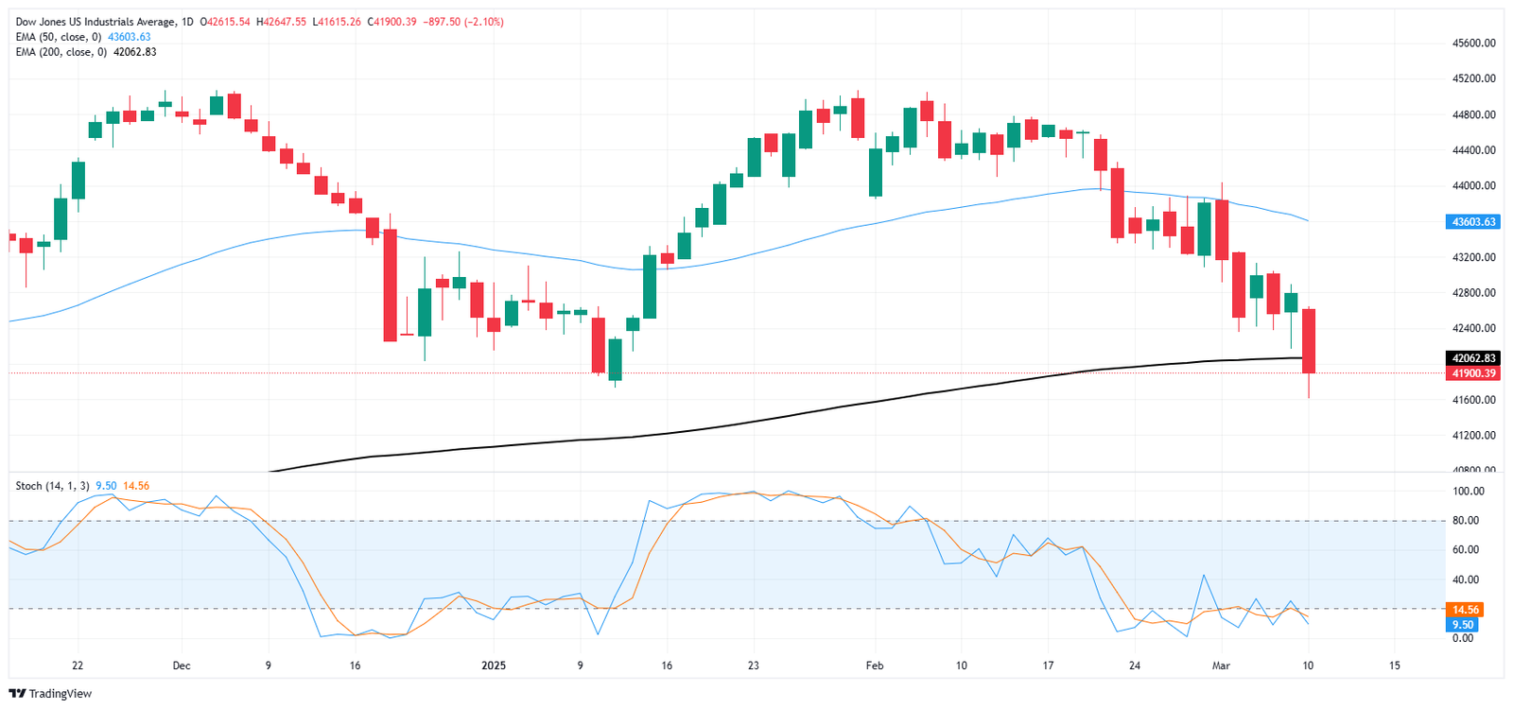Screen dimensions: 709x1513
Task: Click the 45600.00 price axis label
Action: pos(1474,43)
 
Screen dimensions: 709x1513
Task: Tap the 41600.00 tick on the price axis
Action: pos(1474,400)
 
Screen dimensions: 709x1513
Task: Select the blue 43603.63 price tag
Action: pos(1474,222)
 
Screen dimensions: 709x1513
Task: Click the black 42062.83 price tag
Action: pos(1474,358)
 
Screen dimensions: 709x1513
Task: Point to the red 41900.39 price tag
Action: pos(1474,373)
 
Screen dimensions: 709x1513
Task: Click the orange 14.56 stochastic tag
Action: pos(1465,610)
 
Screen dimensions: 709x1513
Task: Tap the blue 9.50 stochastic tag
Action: pos(1463,625)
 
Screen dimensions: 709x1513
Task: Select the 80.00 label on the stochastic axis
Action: pos(1466,521)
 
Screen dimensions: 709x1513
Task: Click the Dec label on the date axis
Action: pos(182,666)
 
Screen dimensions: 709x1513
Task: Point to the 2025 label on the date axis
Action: pos(494,666)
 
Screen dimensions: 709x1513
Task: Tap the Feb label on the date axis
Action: pos(875,666)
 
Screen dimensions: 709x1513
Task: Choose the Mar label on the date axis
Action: pos(1221,666)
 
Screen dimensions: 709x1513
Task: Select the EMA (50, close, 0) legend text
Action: pos(59,37)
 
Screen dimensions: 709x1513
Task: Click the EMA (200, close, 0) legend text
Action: pos(61,52)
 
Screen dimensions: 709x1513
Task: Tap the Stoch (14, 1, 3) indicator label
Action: pos(52,486)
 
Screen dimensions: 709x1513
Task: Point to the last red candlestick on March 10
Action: pos(1309,340)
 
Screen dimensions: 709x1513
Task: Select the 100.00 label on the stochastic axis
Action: pos(1469,492)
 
